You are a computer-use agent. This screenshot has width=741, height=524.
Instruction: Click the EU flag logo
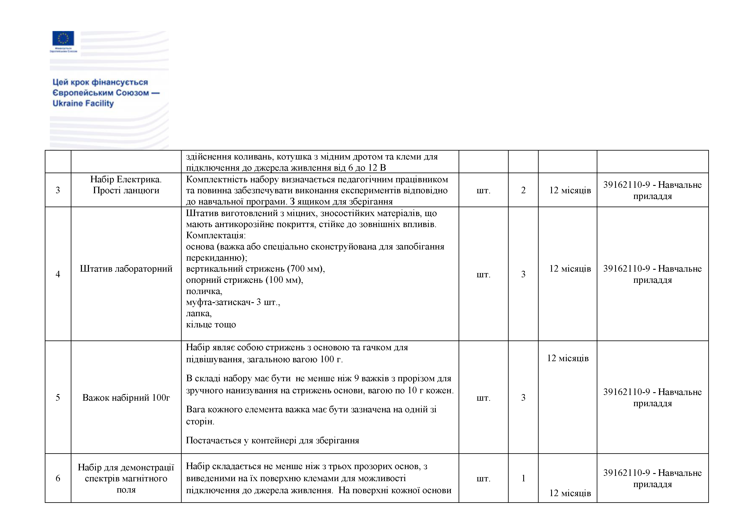(x=63, y=38)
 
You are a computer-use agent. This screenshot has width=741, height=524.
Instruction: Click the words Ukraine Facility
(x=83, y=103)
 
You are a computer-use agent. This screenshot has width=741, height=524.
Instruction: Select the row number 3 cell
(x=58, y=190)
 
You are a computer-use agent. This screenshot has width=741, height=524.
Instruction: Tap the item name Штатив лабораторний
(x=126, y=269)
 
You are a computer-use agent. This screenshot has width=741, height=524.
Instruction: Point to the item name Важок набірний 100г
(x=126, y=397)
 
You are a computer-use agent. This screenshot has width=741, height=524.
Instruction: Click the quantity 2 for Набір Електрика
(x=523, y=190)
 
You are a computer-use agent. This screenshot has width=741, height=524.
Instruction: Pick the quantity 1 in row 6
(x=523, y=478)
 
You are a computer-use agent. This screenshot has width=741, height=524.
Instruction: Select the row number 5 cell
(x=58, y=397)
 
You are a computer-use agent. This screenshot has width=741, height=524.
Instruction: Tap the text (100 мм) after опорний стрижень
(x=284, y=280)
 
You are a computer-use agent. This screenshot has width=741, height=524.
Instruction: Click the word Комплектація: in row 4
(x=216, y=235)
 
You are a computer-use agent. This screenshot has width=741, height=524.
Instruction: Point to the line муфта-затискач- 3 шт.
(x=233, y=302)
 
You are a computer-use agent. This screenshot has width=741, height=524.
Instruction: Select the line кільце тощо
(x=211, y=325)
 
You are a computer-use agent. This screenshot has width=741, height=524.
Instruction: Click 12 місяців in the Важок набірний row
(x=568, y=358)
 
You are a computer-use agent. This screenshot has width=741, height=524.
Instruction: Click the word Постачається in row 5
(x=213, y=440)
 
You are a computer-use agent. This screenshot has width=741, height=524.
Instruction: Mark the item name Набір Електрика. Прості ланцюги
(x=126, y=185)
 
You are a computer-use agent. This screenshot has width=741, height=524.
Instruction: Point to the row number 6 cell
(x=58, y=478)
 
